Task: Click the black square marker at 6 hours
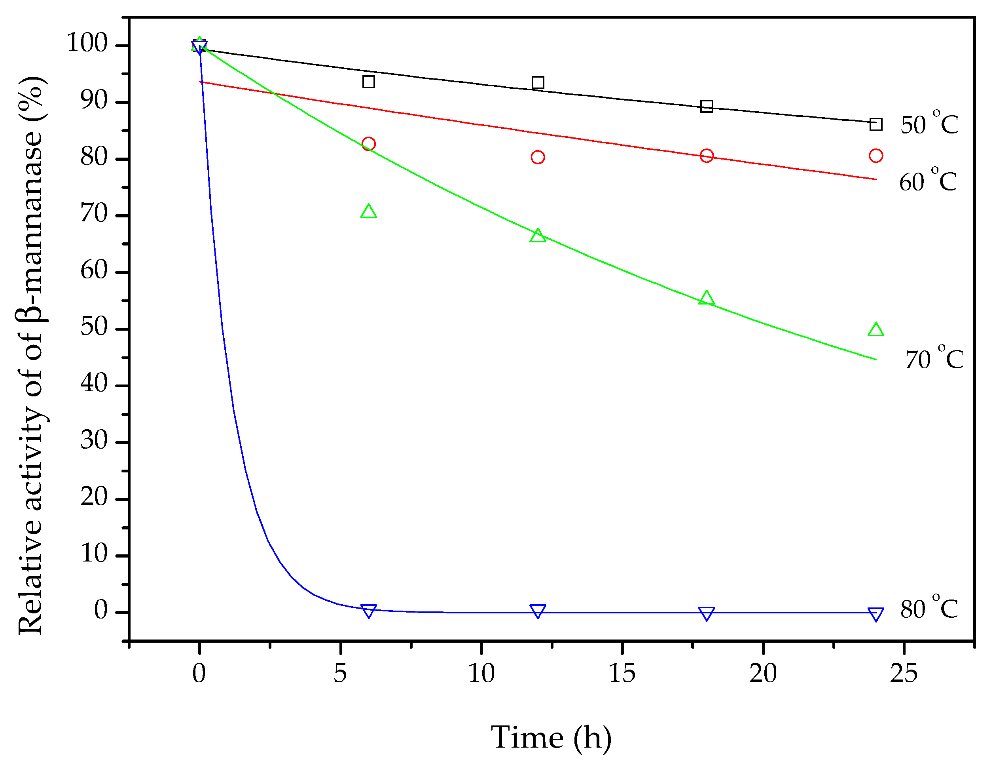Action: coord(369,82)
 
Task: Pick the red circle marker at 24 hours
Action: coord(876,156)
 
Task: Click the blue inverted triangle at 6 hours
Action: coord(369,611)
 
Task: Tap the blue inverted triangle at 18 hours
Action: coord(707,613)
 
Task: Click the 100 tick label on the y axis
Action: coord(87,44)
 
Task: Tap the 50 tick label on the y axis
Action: coord(94,327)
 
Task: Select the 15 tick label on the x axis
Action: coord(622,674)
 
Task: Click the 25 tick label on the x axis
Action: coord(904,674)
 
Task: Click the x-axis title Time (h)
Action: coord(551,737)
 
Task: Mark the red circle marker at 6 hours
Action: coord(369,144)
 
